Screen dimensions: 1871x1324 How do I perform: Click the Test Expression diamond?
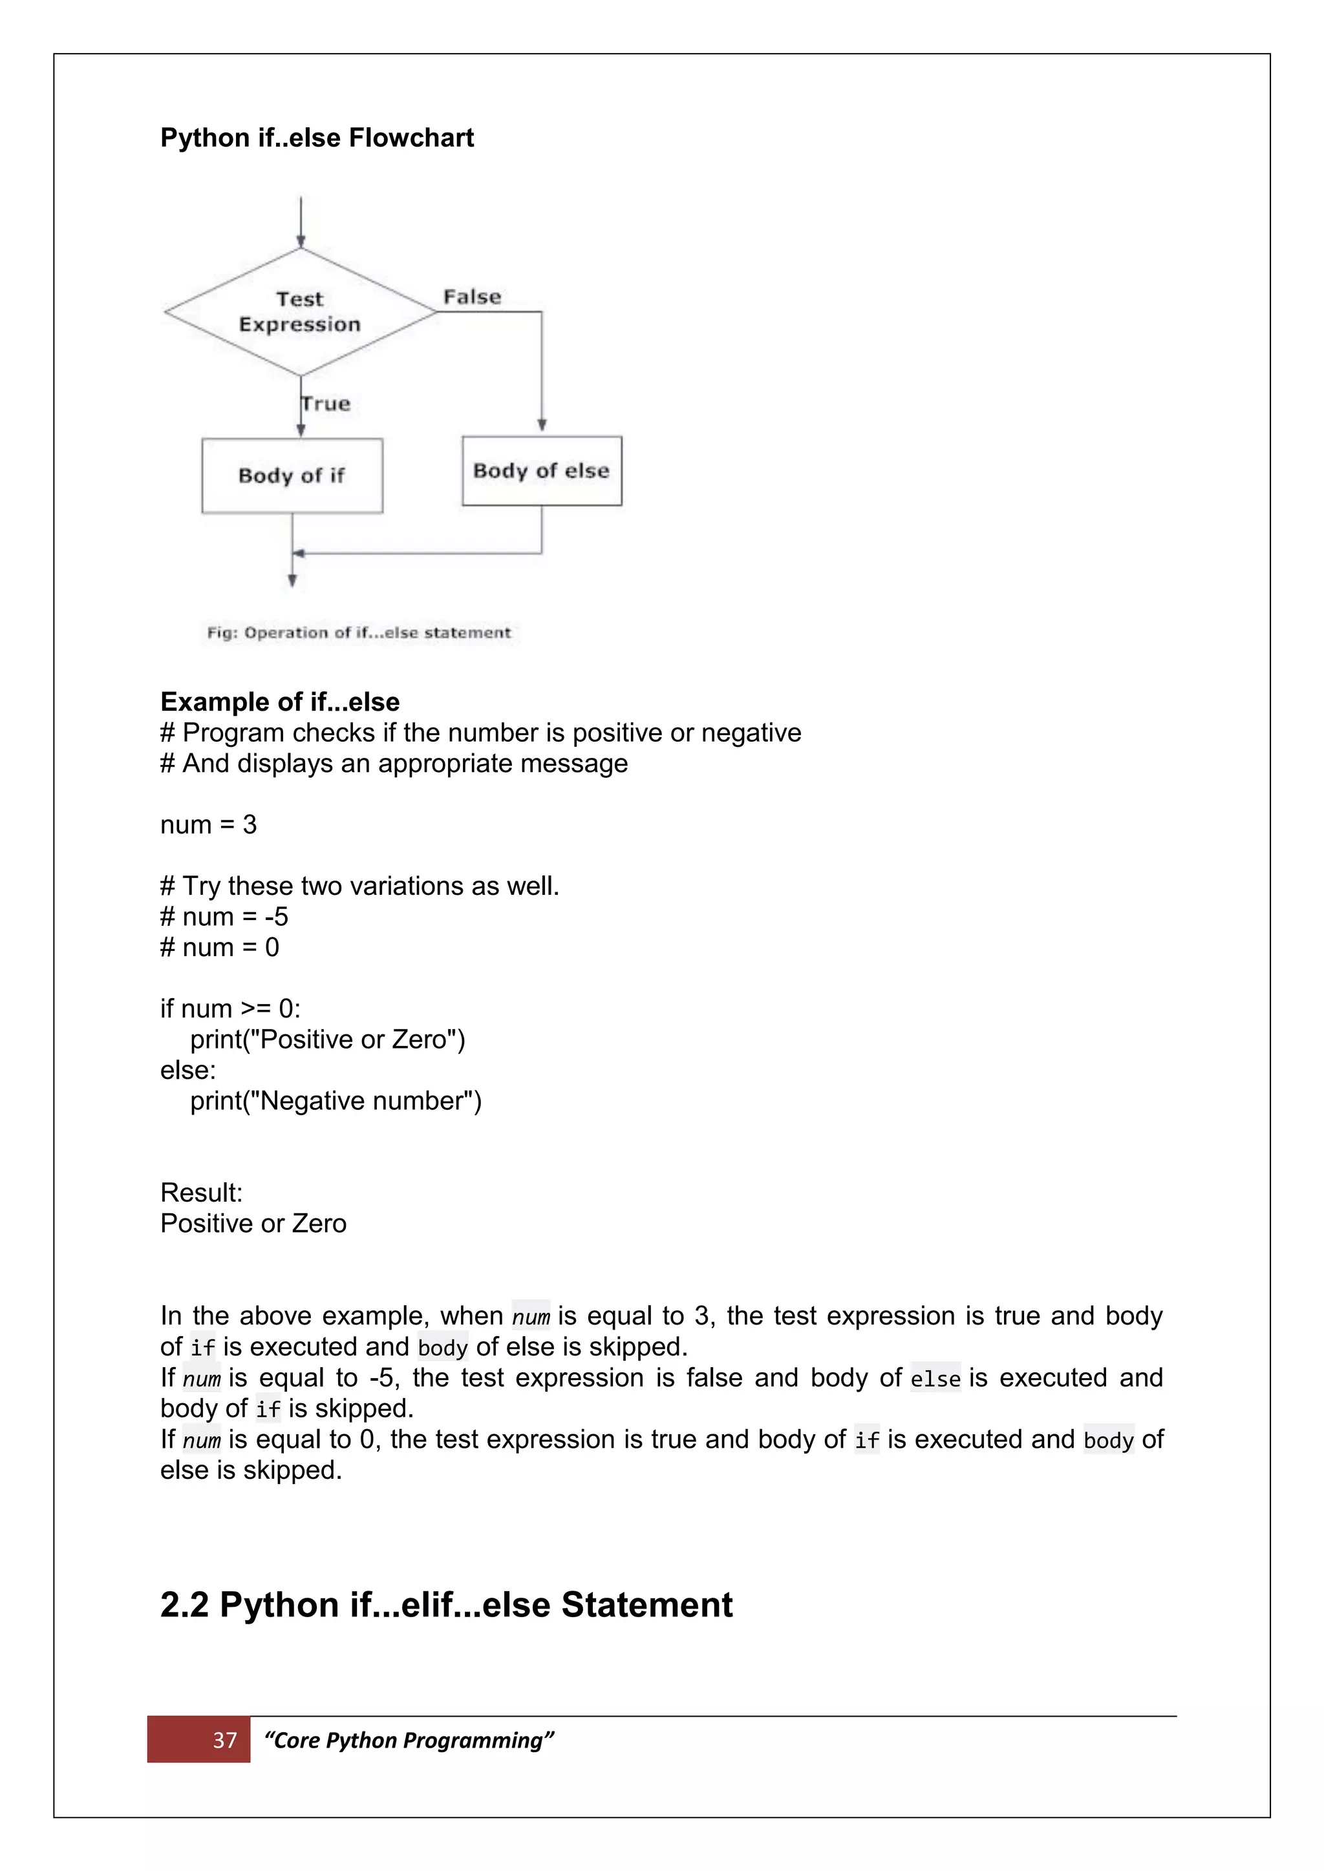pyautogui.click(x=300, y=311)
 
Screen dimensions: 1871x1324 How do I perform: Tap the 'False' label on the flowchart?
pyautogui.click(x=472, y=297)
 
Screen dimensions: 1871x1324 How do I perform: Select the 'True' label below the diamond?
pyautogui.click(x=326, y=403)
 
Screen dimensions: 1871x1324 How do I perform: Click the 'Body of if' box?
pyautogui.click(x=292, y=476)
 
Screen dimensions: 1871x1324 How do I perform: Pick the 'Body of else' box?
pyautogui.click(x=541, y=471)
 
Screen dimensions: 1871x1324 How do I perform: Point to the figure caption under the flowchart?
pyautogui.click(x=359, y=632)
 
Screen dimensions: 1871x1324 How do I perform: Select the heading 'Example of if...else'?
pyautogui.click(x=280, y=702)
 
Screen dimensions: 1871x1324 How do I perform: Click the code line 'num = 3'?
pyautogui.click(x=208, y=824)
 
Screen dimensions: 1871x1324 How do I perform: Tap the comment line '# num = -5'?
pyautogui.click(x=224, y=917)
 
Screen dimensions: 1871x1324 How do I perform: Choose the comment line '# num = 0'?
pyautogui.click(x=219, y=948)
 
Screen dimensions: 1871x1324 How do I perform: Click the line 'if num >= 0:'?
pyautogui.click(x=230, y=1009)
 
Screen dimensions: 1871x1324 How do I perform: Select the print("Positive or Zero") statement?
pyautogui.click(x=327, y=1040)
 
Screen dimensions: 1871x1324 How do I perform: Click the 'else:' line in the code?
pyautogui.click(x=187, y=1070)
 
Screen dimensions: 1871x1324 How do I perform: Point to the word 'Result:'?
pyautogui.click(x=201, y=1193)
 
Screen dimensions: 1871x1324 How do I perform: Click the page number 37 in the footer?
pyautogui.click(x=224, y=1740)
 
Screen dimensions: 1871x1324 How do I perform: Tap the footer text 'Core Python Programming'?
pyautogui.click(x=409, y=1740)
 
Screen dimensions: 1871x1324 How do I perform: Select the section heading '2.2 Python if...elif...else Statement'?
pyautogui.click(x=446, y=1605)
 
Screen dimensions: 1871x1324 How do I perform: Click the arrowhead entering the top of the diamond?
pyautogui.click(x=301, y=242)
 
